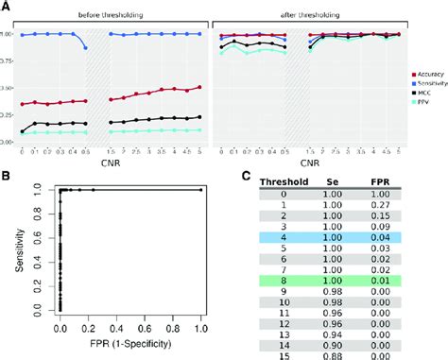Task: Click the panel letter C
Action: pos(248,176)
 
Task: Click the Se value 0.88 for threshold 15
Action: pos(341,355)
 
